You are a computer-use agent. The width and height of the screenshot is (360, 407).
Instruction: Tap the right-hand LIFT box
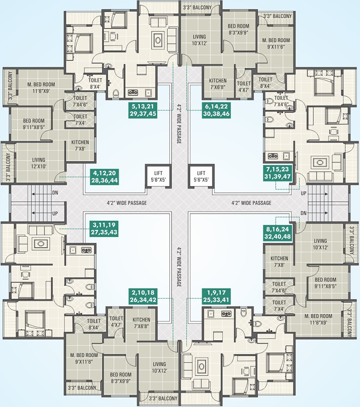point(200,177)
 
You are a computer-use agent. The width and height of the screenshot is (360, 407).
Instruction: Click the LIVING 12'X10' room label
point(39,163)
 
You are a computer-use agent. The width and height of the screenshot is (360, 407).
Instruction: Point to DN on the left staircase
point(55,194)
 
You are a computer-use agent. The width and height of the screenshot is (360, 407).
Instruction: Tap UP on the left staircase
point(55,213)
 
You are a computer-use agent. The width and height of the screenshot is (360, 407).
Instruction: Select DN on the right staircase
point(304,213)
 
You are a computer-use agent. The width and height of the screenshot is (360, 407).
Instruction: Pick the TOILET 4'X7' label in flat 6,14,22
point(244,85)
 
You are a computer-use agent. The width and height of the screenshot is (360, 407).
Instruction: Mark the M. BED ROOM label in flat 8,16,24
point(319,319)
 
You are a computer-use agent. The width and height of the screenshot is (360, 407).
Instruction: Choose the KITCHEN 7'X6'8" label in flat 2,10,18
point(141,323)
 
